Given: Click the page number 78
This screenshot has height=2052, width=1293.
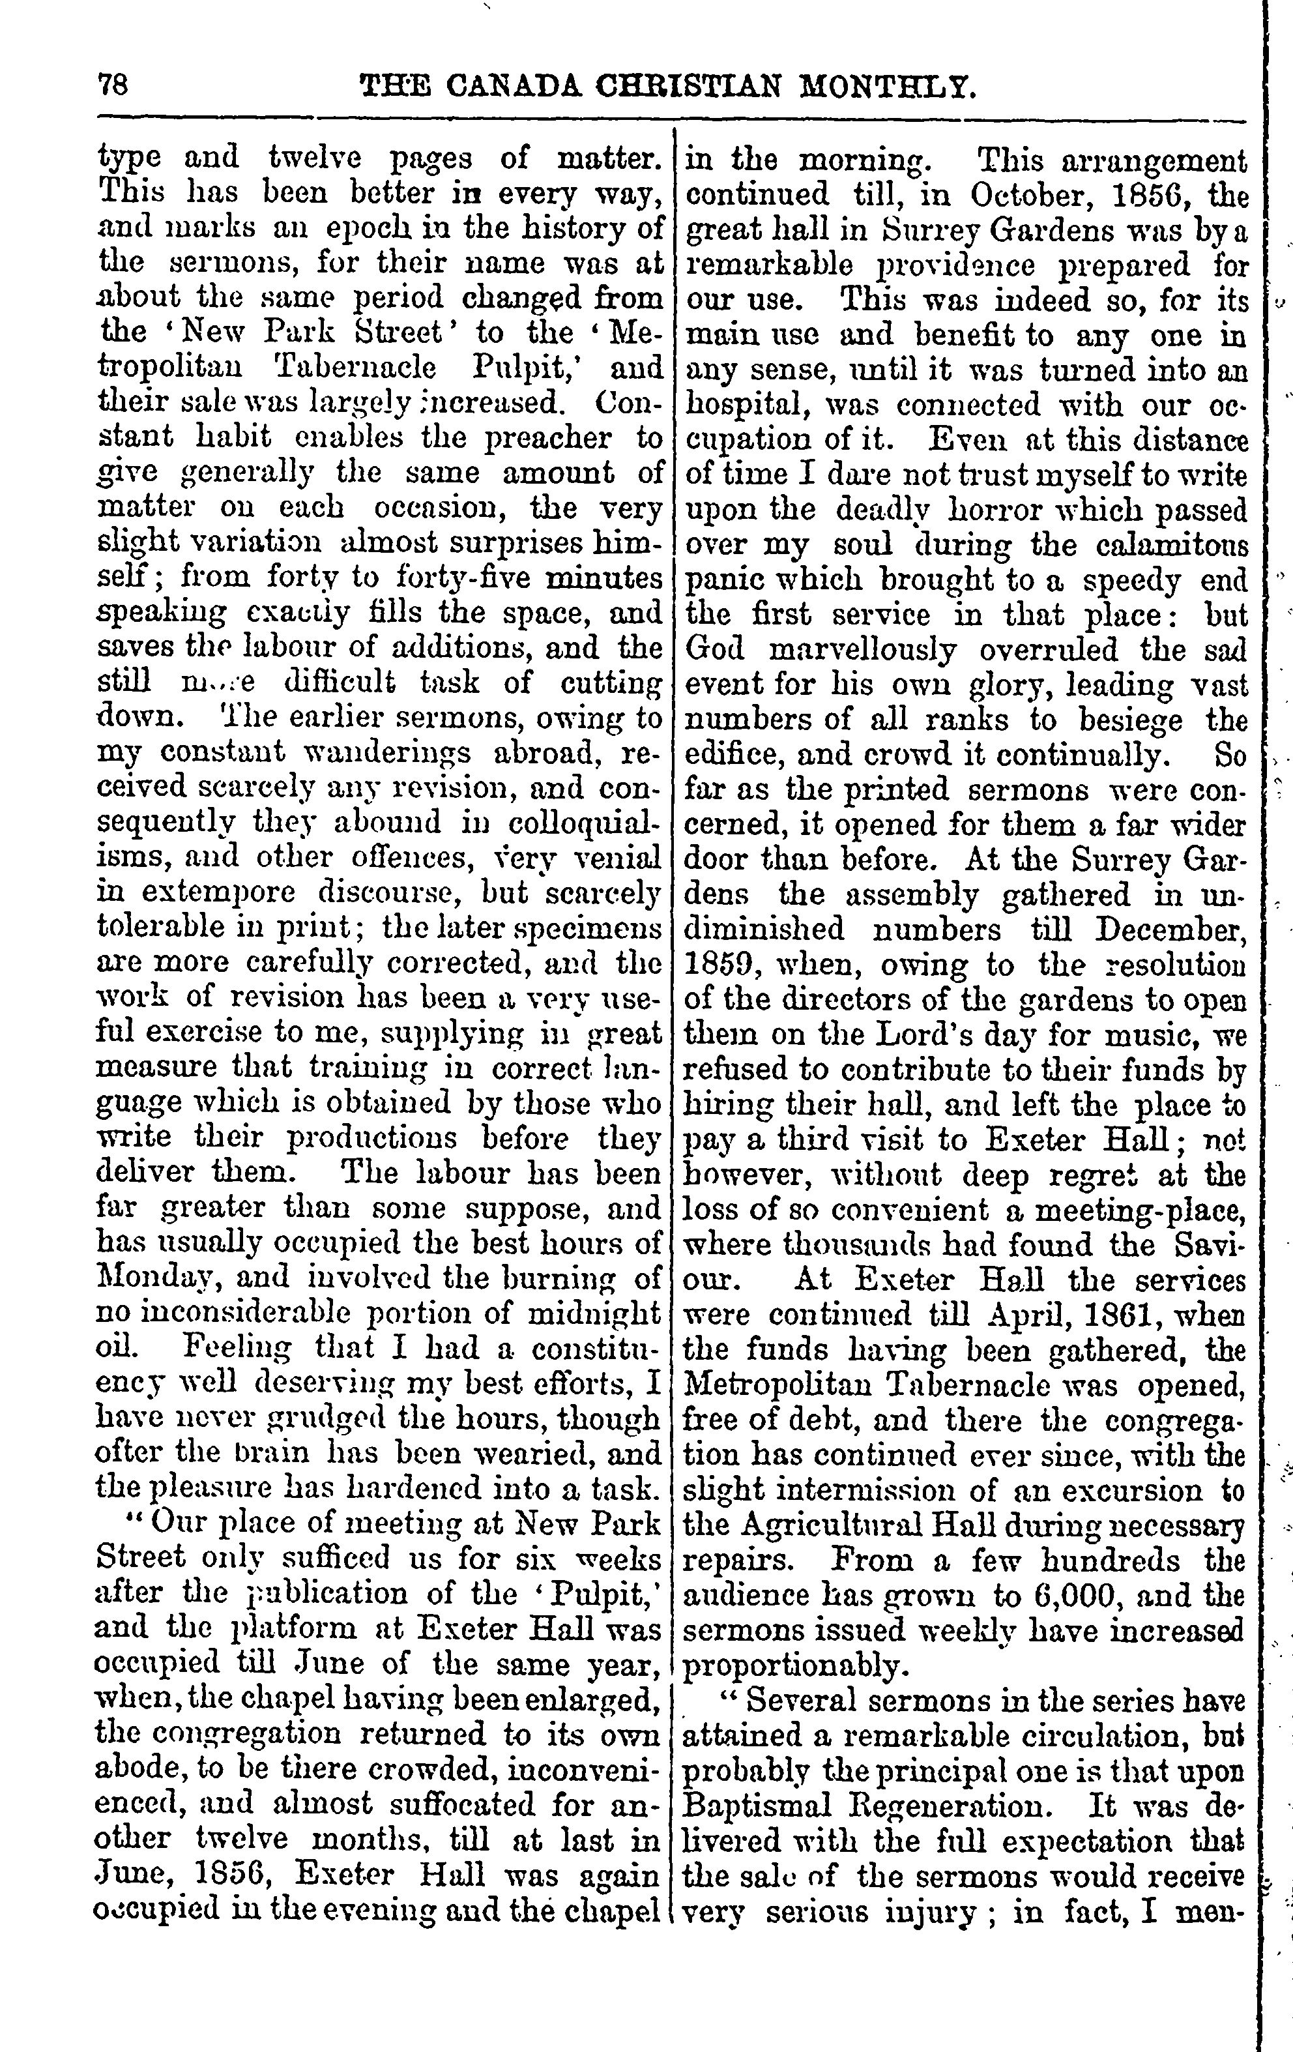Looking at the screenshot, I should point(113,86).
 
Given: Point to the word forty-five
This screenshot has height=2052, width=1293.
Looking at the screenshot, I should point(463,579).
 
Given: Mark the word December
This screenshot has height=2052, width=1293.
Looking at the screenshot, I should point(1171,929).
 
